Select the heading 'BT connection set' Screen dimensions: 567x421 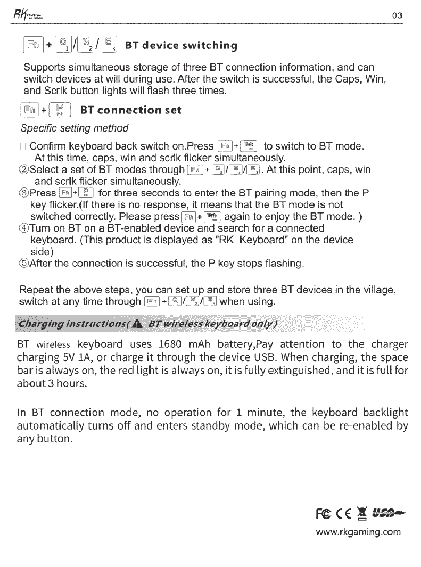(130, 110)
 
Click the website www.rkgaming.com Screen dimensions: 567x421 (358, 532)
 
